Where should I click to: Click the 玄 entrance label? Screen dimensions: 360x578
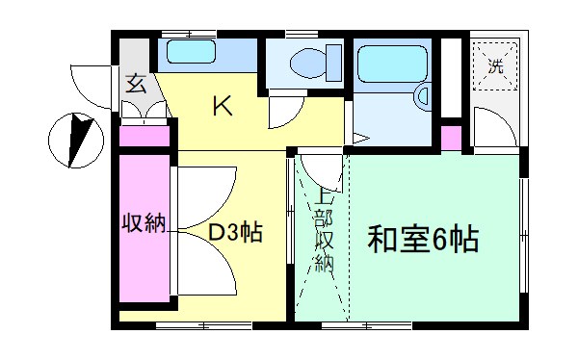[x=137, y=84]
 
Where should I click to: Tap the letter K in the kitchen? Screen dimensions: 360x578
[x=223, y=107]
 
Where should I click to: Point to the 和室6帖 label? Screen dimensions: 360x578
[x=422, y=238]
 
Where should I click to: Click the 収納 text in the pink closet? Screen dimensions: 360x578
[x=144, y=223]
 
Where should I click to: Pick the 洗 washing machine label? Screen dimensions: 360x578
[x=495, y=67]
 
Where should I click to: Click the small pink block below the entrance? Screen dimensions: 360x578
[x=145, y=136]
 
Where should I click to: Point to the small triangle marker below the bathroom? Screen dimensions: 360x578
[x=359, y=140]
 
